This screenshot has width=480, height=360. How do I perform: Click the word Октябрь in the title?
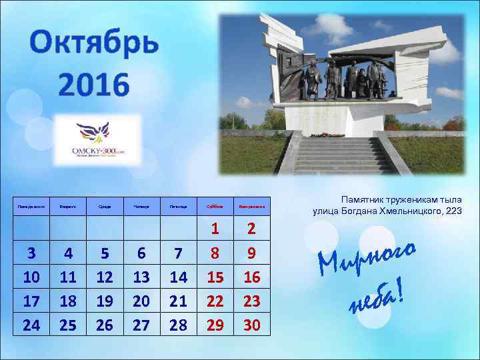(x=95, y=45)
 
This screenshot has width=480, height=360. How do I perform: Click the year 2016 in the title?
(x=93, y=85)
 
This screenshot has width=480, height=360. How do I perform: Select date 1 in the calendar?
(x=215, y=229)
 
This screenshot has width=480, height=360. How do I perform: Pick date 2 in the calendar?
(x=251, y=229)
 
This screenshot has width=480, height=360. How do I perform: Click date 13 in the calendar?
(x=141, y=277)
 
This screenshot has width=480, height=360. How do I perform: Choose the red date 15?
(x=215, y=277)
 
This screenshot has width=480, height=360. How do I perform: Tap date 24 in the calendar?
(x=31, y=325)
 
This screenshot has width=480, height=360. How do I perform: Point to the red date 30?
(x=251, y=325)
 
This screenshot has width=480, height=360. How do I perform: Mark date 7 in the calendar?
(x=178, y=253)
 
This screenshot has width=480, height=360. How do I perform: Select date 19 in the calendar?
(x=105, y=301)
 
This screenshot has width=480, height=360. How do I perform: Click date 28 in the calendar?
(x=178, y=325)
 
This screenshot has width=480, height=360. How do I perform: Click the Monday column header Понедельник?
(x=31, y=207)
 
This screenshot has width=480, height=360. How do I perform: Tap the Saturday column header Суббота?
(x=215, y=207)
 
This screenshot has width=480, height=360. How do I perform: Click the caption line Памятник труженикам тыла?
(x=387, y=199)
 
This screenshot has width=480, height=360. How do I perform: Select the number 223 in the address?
(x=451, y=211)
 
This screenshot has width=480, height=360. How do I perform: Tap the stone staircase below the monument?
(x=343, y=154)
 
